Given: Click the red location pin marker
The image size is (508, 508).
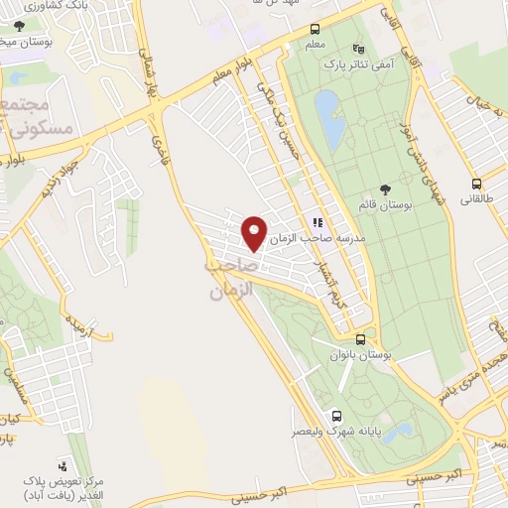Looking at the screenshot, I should [255, 232].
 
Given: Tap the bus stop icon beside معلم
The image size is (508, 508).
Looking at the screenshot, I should [315, 29].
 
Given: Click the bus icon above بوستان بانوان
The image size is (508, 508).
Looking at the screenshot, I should [361, 338].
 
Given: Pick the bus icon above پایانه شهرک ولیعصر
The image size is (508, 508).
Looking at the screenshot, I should [336, 417].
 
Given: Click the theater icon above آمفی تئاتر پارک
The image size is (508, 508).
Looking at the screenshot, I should [358, 48].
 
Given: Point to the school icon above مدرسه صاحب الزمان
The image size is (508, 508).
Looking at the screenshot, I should [317, 223].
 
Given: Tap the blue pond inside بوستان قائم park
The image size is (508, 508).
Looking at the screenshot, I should [329, 117].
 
